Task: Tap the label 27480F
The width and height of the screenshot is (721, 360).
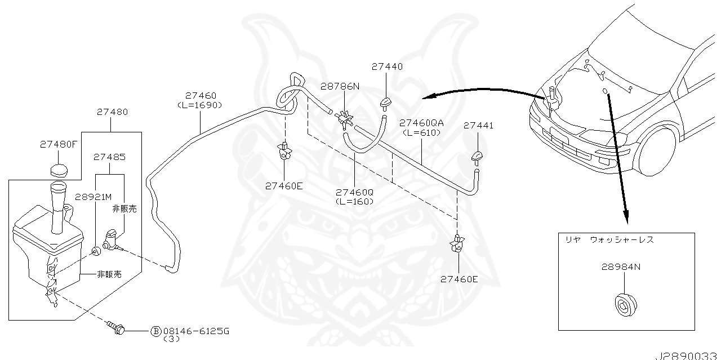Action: [x=58, y=144]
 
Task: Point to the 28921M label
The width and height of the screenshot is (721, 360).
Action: [x=94, y=197]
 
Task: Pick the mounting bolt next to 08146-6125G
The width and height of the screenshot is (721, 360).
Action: [x=116, y=328]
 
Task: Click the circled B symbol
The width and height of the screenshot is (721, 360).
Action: [x=155, y=331]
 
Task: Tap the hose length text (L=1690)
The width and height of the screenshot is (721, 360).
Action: [x=199, y=105]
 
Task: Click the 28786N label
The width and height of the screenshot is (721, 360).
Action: [x=340, y=86]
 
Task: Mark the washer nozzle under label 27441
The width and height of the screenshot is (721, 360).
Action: [x=478, y=156]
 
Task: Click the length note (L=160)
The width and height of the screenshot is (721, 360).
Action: [x=354, y=201]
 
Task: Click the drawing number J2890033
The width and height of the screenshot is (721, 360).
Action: [x=687, y=356]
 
